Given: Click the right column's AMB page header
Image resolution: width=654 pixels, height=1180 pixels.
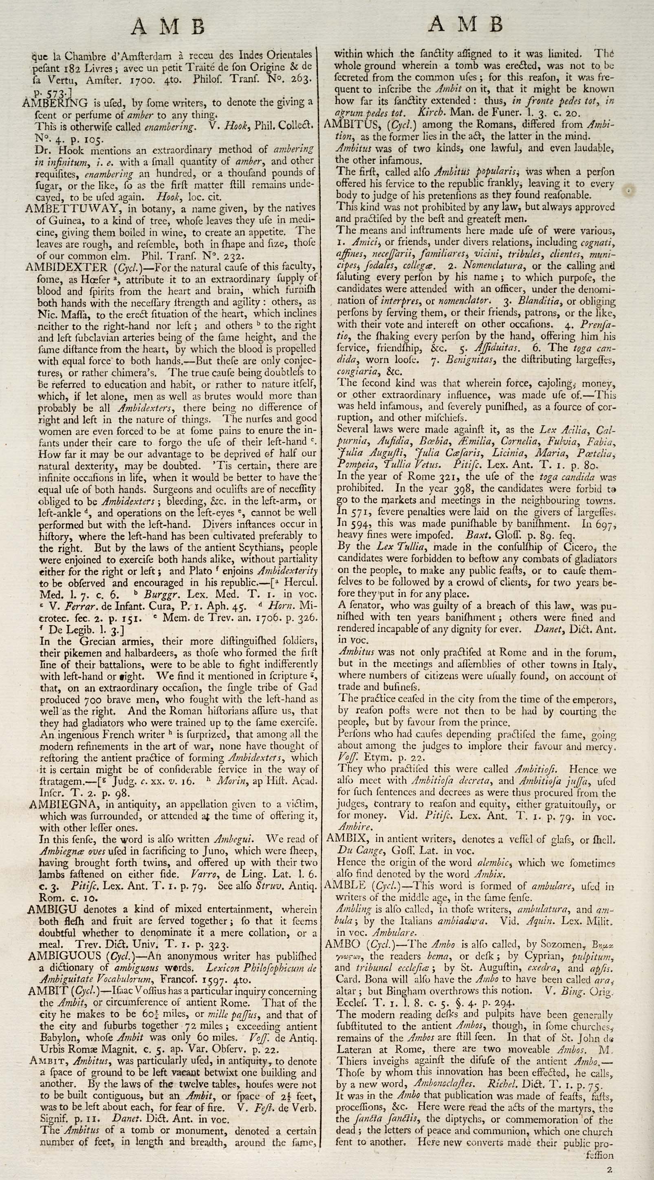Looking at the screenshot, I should tap(465, 24).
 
